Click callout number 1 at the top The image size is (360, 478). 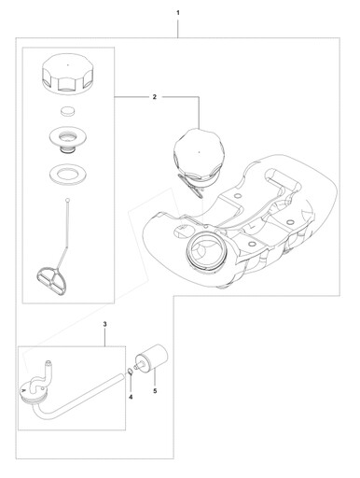(178, 13)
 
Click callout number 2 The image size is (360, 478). (155, 97)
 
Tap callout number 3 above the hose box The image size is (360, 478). (104, 324)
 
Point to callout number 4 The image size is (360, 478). (131, 397)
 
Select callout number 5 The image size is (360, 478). (155, 391)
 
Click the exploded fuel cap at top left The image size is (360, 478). (67, 74)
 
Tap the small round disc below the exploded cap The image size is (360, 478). (67, 111)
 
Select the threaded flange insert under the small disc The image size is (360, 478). (67, 138)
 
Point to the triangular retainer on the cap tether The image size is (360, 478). (51, 275)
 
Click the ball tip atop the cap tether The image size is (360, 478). (67, 200)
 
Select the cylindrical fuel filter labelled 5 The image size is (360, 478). (152, 358)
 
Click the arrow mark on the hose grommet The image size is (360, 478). (23, 389)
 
